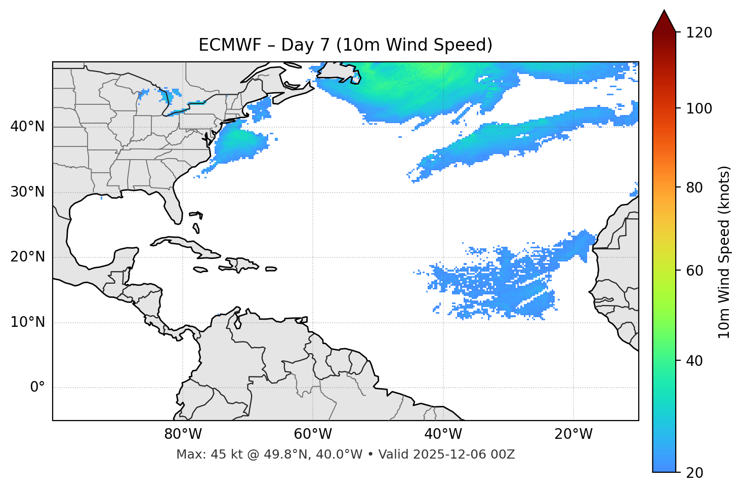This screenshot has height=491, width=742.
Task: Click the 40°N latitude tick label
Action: (x=27, y=127)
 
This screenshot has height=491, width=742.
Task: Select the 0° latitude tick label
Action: (x=37, y=388)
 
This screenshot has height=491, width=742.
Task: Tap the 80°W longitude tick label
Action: (x=183, y=434)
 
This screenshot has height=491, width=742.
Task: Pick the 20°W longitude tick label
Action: (x=573, y=434)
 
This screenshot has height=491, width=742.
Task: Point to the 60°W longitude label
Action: (x=313, y=434)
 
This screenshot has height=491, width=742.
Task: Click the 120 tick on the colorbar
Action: (x=698, y=32)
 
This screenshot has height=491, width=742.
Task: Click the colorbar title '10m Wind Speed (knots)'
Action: (x=724, y=252)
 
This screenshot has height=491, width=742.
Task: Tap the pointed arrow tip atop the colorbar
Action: (x=664, y=12)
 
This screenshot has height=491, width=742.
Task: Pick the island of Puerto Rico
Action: (x=271, y=269)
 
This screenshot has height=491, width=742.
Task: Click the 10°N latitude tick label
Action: (x=27, y=322)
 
